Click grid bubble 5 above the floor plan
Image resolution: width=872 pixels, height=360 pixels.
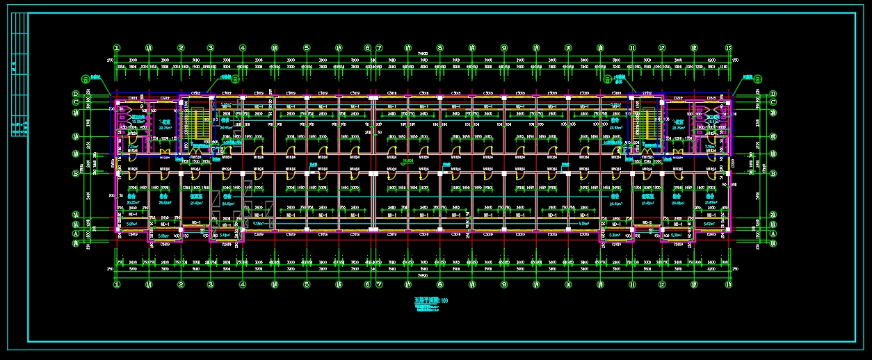point(306,48)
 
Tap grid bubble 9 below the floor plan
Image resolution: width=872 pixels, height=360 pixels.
point(504,284)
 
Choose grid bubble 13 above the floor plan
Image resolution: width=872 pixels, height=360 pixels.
point(729,48)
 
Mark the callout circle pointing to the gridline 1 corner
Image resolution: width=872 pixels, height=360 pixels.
point(86,78)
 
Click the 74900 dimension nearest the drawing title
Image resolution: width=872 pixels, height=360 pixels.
point(422,276)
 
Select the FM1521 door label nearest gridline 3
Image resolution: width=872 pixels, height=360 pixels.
point(197,157)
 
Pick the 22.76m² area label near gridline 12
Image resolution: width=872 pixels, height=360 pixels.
point(672,129)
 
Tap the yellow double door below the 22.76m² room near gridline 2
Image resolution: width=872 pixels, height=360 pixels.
point(165,152)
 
